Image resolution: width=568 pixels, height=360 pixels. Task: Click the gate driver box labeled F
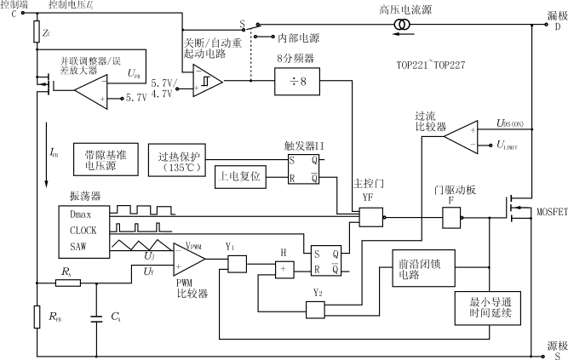point(450,219)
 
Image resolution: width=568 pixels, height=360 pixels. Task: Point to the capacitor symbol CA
point(96,322)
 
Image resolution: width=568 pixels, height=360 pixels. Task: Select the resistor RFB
point(37,317)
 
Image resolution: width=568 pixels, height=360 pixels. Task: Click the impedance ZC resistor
point(37,33)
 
